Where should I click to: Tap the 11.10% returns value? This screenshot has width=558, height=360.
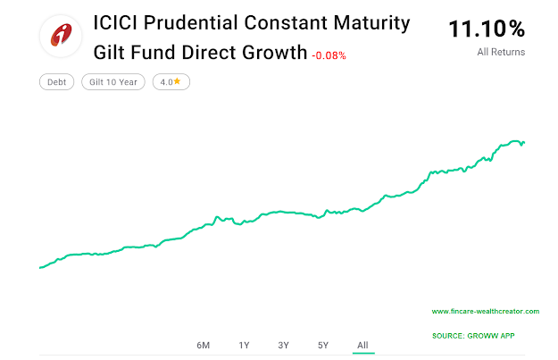[x=487, y=29]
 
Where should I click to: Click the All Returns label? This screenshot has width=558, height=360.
[x=501, y=53]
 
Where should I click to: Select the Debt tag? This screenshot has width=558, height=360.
[x=56, y=82]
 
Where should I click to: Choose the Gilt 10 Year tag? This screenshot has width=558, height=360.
[x=113, y=82]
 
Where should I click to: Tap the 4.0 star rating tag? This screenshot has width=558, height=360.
[x=171, y=82]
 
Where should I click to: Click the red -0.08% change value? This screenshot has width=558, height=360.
[x=329, y=55]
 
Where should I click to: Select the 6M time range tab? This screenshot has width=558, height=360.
[x=204, y=345]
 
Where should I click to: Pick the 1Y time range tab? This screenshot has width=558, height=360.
[x=244, y=345]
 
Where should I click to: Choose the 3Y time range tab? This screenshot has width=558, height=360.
[x=283, y=345]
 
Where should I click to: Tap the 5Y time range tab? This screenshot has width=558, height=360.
[x=323, y=345]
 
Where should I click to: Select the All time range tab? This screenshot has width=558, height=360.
[x=362, y=345]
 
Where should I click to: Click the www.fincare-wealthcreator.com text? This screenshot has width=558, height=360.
[x=485, y=312]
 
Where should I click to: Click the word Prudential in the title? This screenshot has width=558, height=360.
[x=191, y=23]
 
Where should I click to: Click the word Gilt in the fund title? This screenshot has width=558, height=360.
[x=110, y=52]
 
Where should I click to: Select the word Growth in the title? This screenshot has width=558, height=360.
[x=271, y=52]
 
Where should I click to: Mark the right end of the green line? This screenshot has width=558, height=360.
[x=524, y=142]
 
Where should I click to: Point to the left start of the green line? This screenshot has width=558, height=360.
[x=40, y=267]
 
